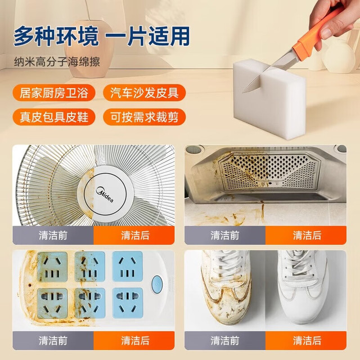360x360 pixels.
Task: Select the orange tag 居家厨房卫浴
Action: click(x=54, y=93)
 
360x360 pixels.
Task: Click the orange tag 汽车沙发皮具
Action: click(x=145, y=93)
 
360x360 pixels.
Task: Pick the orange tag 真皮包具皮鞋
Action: click(x=54, y=117)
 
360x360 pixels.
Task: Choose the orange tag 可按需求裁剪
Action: click(x=145, y=117)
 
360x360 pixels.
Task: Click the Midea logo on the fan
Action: click(x=105, y=195)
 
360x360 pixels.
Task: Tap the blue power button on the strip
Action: click(x=157, y=285)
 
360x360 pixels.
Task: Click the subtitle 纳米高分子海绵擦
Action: click(x=57, y=62)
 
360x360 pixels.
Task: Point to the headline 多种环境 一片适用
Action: click(x=102, y=36)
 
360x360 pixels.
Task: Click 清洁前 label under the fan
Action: click(x=53, y=235)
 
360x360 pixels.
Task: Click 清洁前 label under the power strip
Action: click(x=53, y=340)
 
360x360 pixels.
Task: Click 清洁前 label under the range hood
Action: click(x=225, y=235)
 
